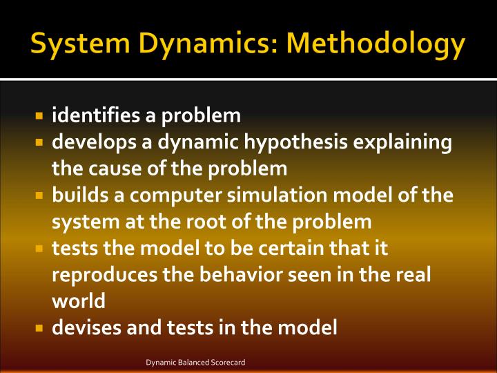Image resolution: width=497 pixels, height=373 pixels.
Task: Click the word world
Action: [x=79, y=301]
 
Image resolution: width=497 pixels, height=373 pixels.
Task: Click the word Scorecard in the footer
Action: [x=228, y=362]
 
